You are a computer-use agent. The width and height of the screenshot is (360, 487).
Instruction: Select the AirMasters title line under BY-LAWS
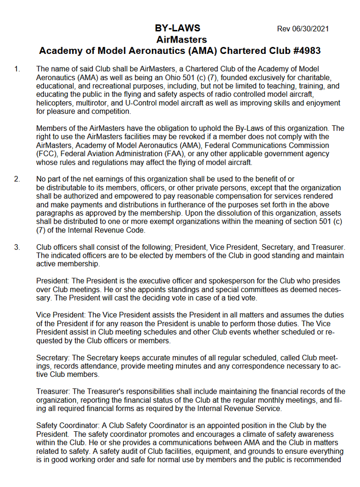[181, 39]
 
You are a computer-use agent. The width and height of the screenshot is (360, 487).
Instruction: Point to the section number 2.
[17, 179]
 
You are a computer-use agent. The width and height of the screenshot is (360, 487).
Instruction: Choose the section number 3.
[17, 247]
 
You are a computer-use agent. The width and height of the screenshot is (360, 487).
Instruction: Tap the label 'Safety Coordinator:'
[69, 426]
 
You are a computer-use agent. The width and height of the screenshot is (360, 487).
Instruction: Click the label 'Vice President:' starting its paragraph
[61, 315]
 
